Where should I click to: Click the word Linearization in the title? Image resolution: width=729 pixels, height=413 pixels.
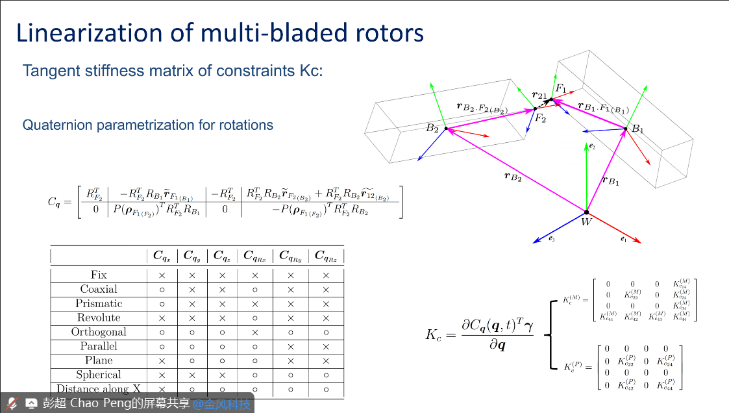90,32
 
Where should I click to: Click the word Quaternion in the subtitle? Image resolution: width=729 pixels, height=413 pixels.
59,125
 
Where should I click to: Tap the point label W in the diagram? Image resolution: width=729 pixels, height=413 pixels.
586,223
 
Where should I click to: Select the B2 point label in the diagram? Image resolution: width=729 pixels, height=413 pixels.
432,129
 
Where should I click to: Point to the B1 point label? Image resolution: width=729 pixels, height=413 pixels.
638,129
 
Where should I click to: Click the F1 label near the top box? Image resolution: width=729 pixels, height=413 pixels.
560,88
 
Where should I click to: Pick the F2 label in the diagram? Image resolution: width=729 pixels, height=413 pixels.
541,118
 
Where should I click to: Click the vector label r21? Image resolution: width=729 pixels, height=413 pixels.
539,95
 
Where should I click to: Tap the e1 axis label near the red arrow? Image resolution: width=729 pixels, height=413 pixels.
623,239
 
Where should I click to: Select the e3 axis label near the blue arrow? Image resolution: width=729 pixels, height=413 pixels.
552,240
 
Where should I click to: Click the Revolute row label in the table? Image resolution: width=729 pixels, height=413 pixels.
99,318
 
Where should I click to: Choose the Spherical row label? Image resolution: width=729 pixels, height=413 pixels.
99,375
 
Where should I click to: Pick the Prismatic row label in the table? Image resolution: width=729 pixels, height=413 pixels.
99,303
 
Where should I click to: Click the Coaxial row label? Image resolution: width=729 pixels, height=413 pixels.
99,289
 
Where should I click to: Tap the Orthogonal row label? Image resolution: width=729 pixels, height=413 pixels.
99,332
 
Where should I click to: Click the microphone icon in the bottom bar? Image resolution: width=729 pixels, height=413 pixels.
12,403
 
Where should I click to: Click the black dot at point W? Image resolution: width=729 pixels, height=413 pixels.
586,212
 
